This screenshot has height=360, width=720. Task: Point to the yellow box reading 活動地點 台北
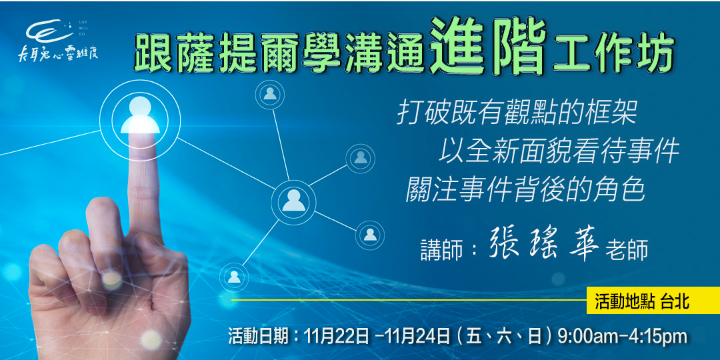click(x=643, y=301)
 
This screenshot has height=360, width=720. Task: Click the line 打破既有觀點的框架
click(x=517, y=113)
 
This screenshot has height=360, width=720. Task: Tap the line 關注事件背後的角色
click(x=526, y=190)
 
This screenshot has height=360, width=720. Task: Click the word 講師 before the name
click(x=442, y=249)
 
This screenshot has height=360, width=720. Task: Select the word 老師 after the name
click(x=626, y=249)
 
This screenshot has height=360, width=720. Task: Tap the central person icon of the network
click(x=293, y=199)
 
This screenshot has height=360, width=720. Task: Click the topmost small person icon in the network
click(x=270, y=94)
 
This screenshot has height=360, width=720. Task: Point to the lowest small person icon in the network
click(x=234, y=275)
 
